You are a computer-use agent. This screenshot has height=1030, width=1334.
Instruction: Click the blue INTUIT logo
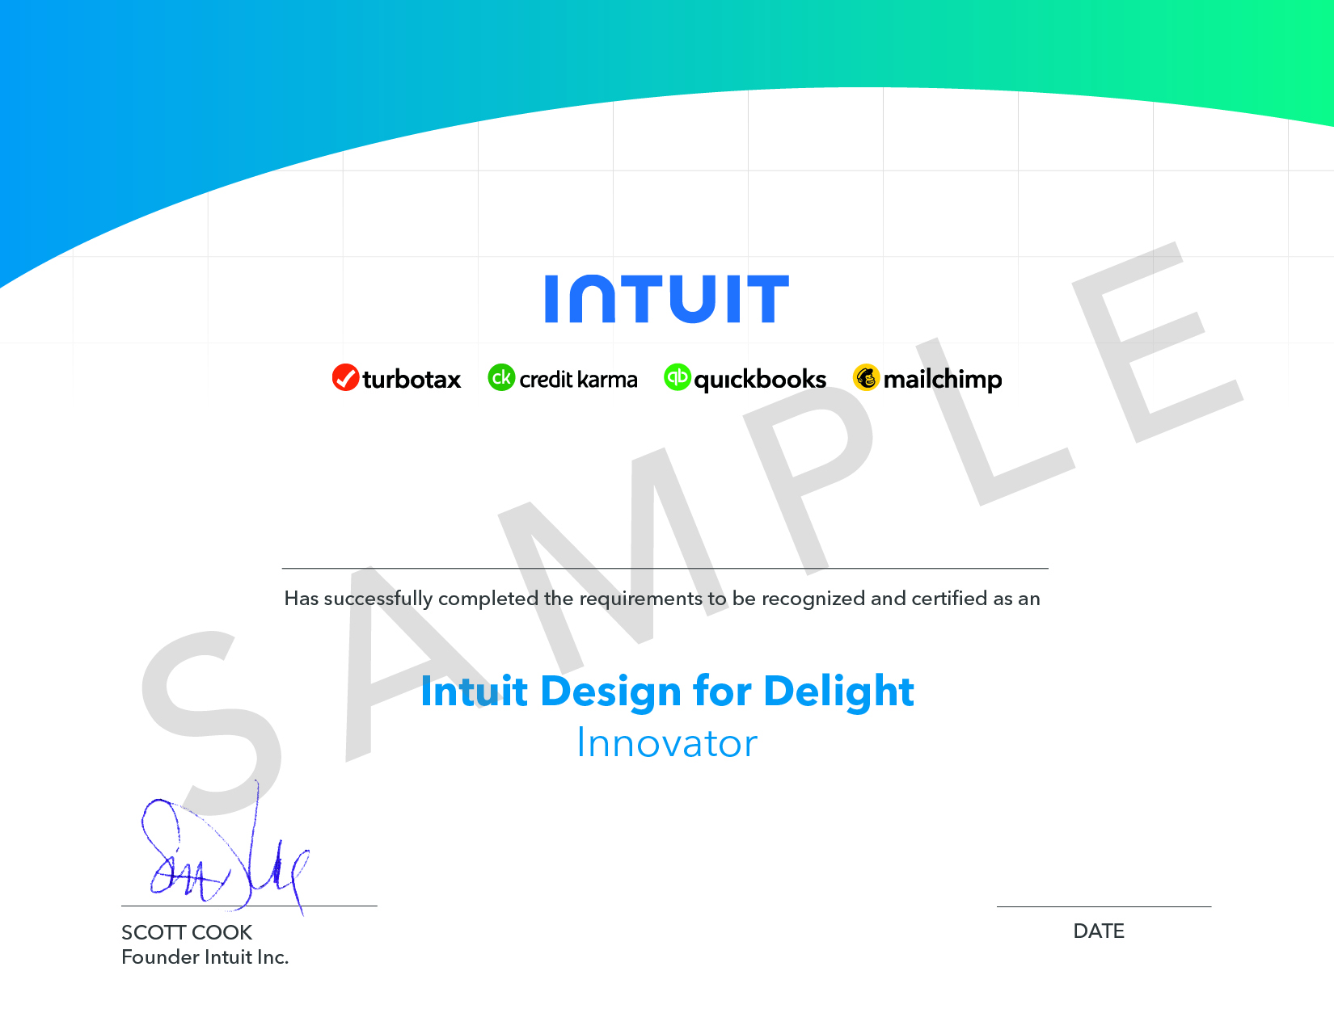click(667, 299)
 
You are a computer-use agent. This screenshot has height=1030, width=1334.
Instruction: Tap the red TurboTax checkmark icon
click(345, 377)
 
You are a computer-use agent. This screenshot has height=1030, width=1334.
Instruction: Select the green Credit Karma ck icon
click(501, 377)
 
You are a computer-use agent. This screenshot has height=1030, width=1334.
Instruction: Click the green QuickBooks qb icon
click(678, 377)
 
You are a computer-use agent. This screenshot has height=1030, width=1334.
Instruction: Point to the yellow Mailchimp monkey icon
click(866, 377)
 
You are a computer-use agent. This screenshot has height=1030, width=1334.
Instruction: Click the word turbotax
click(412, 379)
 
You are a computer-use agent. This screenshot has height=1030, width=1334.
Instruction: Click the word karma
click(607, 379)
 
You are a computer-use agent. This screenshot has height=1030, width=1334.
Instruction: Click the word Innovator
click(667, 743)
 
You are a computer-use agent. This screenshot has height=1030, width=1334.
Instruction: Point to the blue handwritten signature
click(226, 847)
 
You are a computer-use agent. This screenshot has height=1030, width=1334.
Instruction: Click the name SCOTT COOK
click(187, 932)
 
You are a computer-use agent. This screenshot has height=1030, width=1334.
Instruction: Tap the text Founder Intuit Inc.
click(205, 957)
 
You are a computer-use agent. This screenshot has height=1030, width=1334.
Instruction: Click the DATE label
click(1099, 931)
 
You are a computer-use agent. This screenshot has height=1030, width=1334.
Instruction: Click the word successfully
click(378, 599)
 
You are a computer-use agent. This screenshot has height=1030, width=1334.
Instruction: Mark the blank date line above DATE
click(1104, 906)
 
